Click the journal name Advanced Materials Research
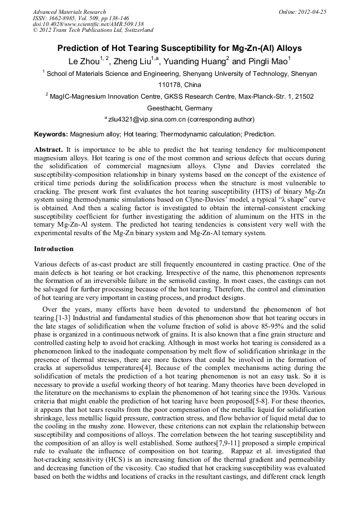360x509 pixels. point(70,12)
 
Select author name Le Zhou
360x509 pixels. point(84,61)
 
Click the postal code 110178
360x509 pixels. point(169,84)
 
